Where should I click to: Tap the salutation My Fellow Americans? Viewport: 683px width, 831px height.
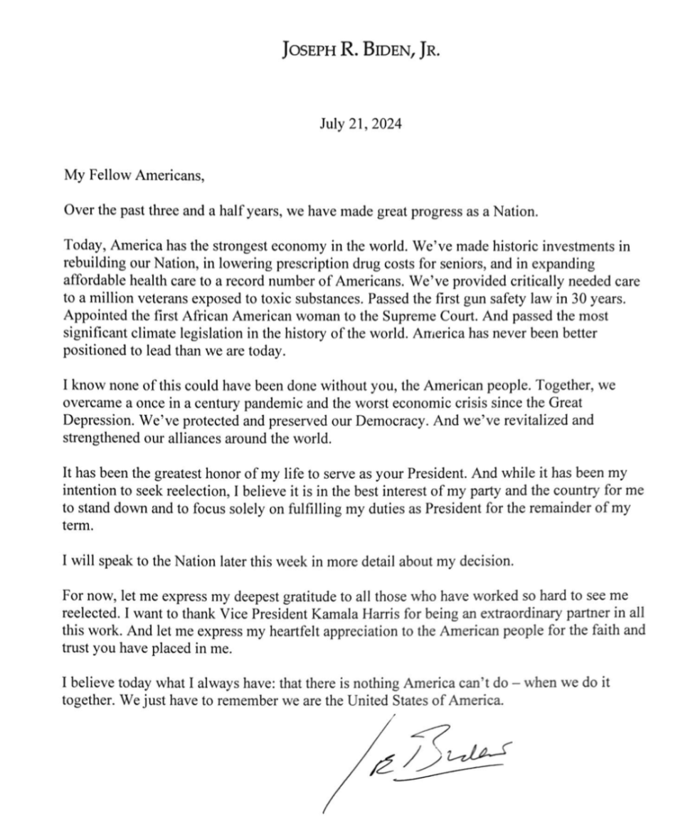pos(134,178)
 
